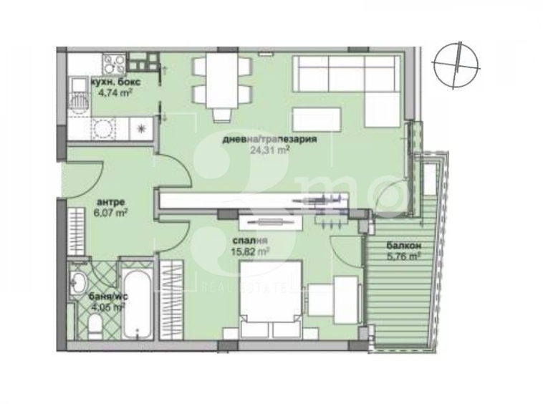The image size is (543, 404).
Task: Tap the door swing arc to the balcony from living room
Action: click(x=391, y=193)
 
